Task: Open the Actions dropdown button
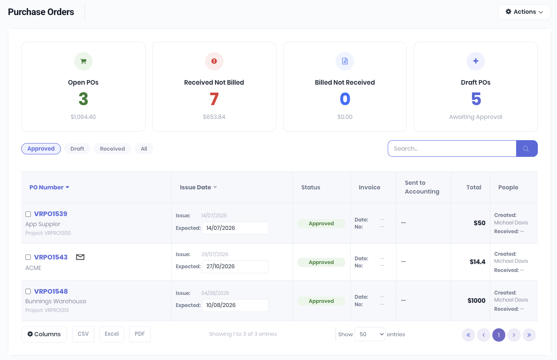[x=524, y=12]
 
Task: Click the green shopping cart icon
[x=83, y=61]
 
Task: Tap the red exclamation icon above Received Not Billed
[x=214, y=61]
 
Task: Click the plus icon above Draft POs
[x=476, y=61]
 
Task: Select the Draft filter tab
[x=77, y=149]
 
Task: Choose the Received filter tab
[x=113, y=149]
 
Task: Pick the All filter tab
[x=144, y=149]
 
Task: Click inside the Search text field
[x=452, y=149]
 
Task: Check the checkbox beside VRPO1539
[x=28, y=214]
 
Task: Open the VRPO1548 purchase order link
[x=51, y=291]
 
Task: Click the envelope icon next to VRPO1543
[x=80, y=257]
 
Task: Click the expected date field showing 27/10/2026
[x=235, y=267]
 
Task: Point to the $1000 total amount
[x=477, y=300]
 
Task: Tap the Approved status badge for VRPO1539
[x=321, y=224]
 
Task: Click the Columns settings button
[x=44, y=334]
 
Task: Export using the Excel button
[x=112, y=334]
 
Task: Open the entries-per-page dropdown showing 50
[x=370, y=335]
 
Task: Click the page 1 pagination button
[x=499, y=335]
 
